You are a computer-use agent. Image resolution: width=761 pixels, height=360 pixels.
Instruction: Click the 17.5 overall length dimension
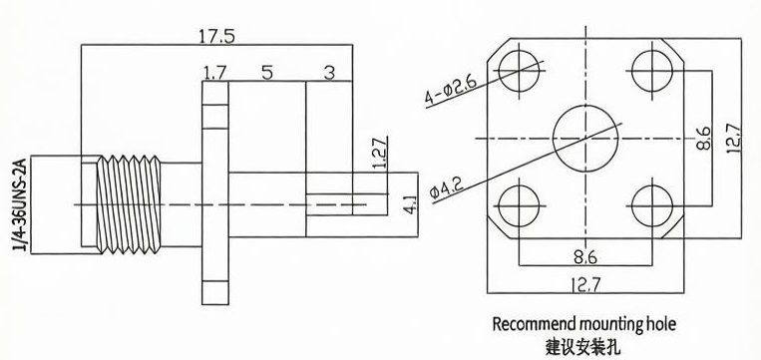[x=216, y=36]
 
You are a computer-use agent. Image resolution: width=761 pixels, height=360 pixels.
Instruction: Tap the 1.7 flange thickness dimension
[x=214, y=73]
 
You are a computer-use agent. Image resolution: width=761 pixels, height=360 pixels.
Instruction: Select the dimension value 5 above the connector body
[x=267, y=73]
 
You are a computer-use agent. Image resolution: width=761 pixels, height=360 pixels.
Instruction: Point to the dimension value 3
[x=329, y=73]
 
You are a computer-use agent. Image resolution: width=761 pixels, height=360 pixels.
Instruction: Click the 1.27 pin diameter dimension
[x=381, y=153]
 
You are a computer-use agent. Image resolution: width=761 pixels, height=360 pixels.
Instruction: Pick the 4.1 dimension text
[x=411, y=204]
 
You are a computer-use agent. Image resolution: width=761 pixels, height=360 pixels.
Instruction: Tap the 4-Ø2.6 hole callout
[x=452, y=89]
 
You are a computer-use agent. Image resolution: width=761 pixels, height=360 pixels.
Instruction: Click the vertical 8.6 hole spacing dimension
[x=704, y=138]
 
